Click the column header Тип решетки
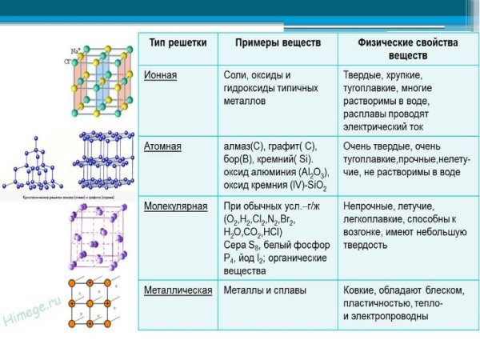tap(172, 41)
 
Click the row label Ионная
tap(161, 74)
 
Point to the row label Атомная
tap(163, 146)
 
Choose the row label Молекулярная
tap(176, 206)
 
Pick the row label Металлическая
tap(178, 290)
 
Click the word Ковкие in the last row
tap(361, 290)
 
